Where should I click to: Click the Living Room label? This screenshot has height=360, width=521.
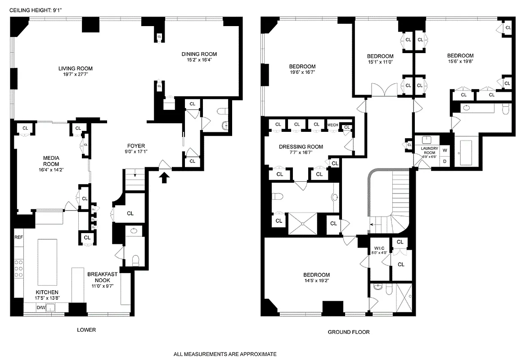click(x=75, y=68)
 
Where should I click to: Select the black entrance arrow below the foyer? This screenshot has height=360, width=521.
click(x=165, y=178)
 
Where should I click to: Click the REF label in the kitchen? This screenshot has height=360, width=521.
click(x=18, y=237)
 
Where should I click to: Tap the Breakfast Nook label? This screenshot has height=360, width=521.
click(x=102, y=277)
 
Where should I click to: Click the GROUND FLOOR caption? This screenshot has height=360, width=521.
click(x=348, y=332)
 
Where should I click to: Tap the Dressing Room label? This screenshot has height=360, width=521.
click(x=301, y=147)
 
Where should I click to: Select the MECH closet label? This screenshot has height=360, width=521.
click(x=332, y=125)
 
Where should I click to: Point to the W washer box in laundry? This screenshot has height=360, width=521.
click(x=445, y=150)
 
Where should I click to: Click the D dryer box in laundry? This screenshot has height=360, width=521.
click(x=445, y=161)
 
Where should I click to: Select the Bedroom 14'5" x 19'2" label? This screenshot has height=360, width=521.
click(x=316, y=275)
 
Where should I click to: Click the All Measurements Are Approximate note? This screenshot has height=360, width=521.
click(x=225, y=354)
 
